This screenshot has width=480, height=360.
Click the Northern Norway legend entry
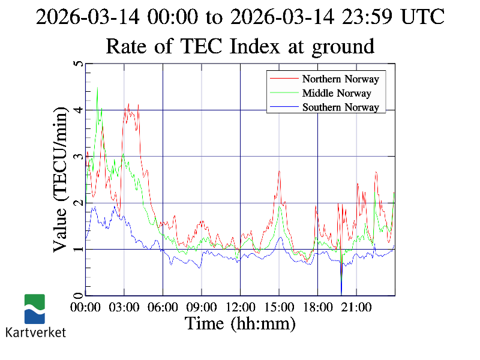point(340,79)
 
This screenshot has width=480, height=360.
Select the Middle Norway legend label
point(337,93)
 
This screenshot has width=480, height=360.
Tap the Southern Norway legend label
point(340,107)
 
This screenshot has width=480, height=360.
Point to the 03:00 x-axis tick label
point(124,307)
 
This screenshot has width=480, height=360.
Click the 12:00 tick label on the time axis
point(240,307)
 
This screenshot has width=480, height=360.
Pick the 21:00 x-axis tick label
point(356,307)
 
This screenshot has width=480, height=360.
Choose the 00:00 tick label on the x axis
point(86,307)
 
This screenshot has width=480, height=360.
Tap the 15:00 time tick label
point(279,307)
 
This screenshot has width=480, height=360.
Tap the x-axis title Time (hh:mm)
point(240,324)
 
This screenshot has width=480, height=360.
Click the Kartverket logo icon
point(34,309)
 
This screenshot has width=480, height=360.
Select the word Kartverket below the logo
point(35,332)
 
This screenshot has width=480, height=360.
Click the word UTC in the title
point(422,16)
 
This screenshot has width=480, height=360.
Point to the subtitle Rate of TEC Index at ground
point(240,46)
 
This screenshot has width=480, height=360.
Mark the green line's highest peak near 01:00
point(97,88)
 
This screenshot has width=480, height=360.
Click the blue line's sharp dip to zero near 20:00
point(341,293)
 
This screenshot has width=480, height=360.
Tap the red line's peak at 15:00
point(279,171)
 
